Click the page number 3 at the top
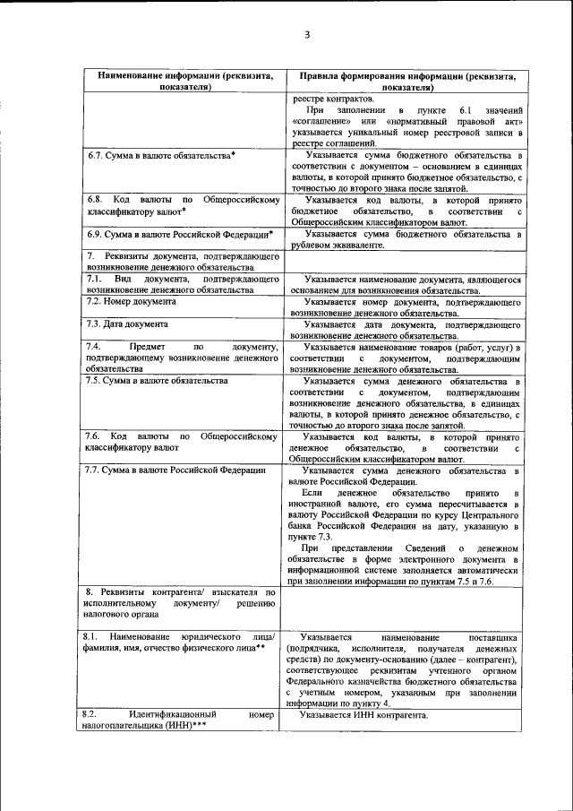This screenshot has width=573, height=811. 306,35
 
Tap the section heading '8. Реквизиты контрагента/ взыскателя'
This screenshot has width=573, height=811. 179,593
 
